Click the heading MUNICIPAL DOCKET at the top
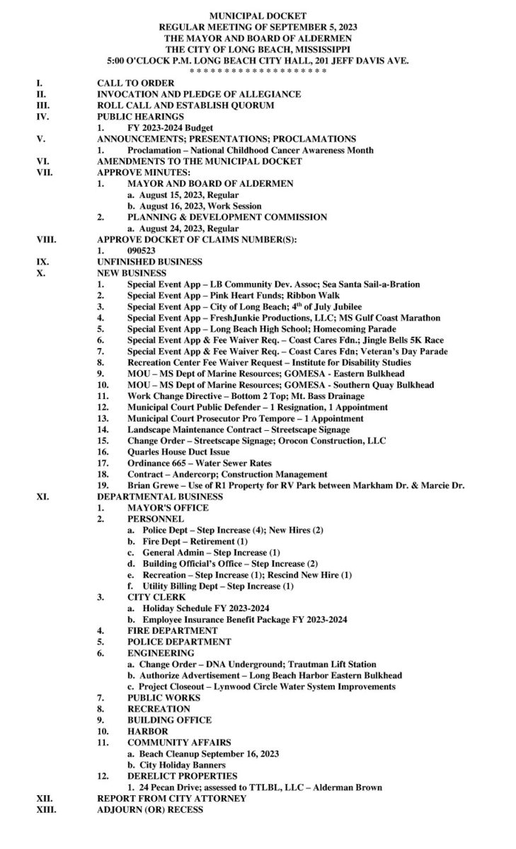[258, 14]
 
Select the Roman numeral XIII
[47, 809]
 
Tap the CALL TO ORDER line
[135, 83]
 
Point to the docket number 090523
[142, 250]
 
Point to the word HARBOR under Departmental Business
[147, 731]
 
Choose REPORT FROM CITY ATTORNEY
[171, 798]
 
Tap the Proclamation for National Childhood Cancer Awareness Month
[251, 150]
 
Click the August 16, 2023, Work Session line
[193, 206]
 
